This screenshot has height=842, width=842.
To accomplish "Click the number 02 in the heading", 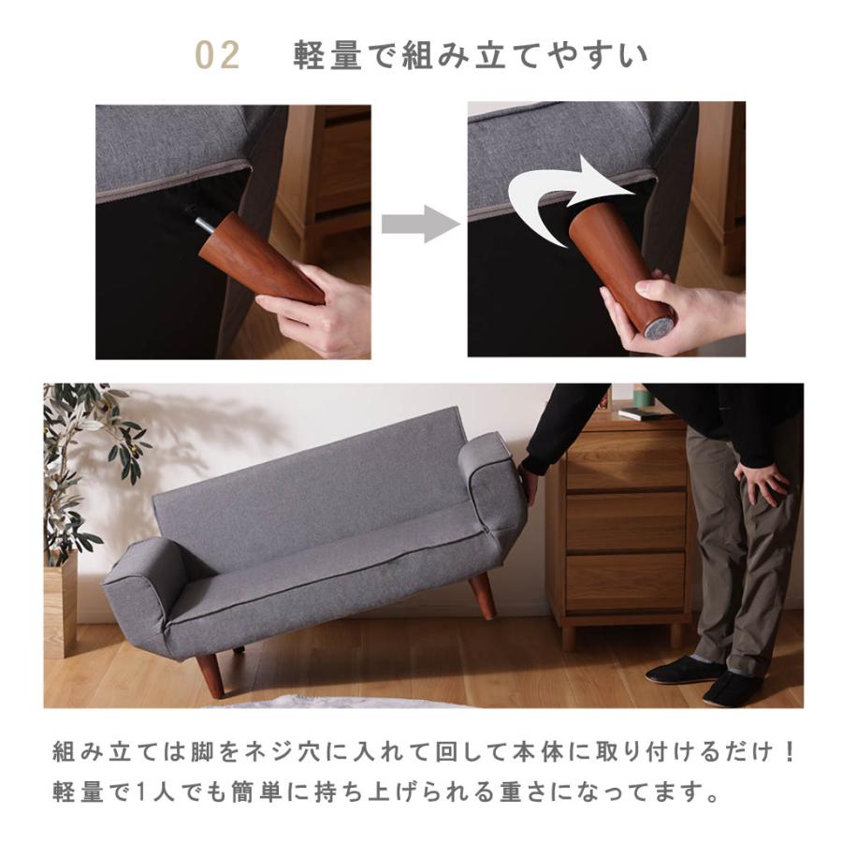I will [218, 56].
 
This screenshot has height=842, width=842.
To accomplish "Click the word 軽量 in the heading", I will [327, 56].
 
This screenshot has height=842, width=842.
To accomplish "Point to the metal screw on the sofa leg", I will [203, 223].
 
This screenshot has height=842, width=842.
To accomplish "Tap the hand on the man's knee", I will [762, 481].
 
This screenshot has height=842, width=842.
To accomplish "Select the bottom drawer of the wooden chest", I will [625, 581].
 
